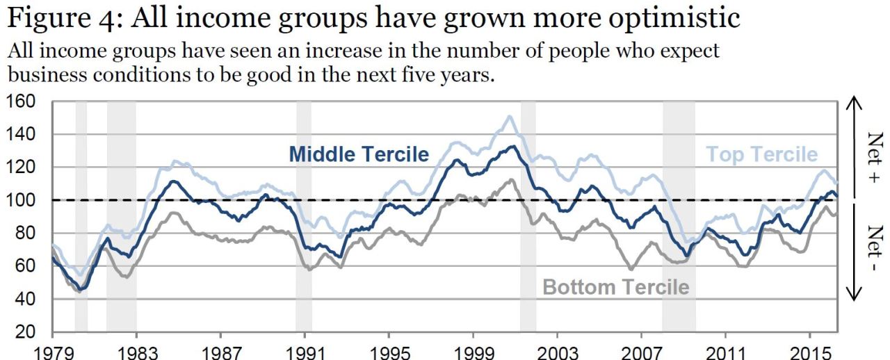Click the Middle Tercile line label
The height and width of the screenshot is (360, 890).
359,154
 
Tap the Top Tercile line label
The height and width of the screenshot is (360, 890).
762,154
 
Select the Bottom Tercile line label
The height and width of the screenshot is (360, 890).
615,286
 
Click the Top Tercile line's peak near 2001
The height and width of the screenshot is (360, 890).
510,116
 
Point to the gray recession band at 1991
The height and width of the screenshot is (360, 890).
304,215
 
